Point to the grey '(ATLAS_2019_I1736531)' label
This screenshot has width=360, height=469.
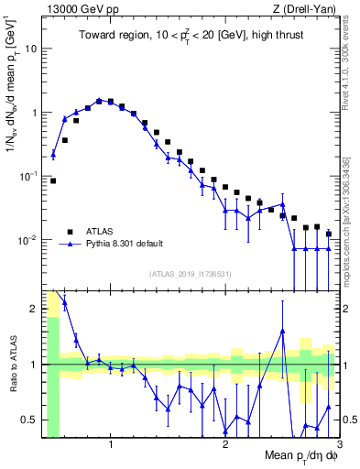pos(191,275)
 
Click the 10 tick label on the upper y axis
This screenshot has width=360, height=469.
pos(31,49)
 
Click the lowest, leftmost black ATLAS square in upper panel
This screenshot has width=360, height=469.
pos(53,180)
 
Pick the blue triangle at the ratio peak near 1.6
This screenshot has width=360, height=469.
pos(283,331)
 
